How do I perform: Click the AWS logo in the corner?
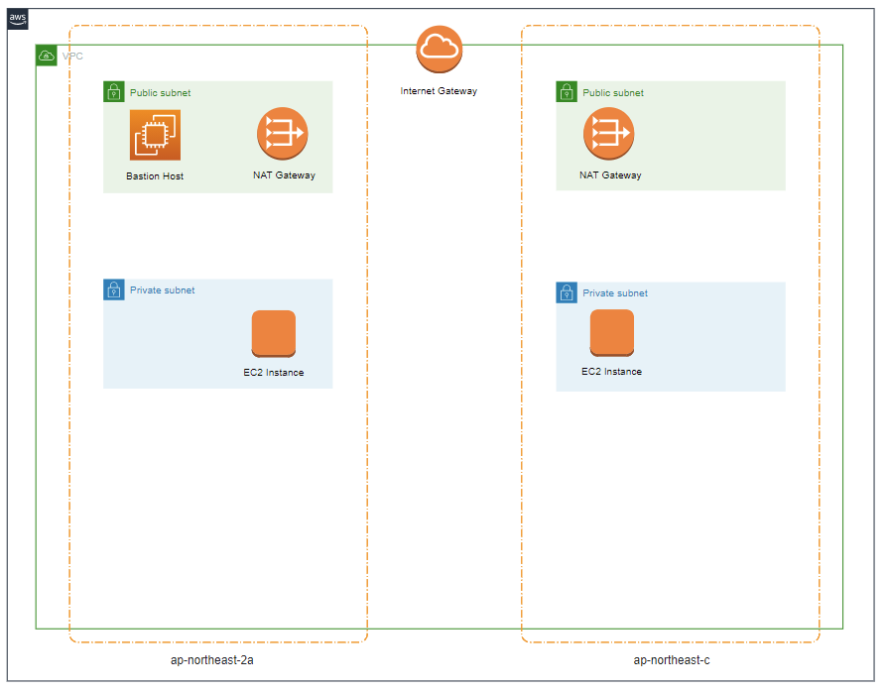(18, 19)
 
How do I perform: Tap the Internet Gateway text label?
(439, 91)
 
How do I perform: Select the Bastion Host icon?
(155, 135)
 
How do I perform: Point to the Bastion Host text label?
(155, 176)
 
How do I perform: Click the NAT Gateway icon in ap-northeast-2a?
(283, 133)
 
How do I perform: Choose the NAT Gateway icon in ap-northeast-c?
(608, 133)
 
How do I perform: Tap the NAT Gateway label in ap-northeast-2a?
(284, 175)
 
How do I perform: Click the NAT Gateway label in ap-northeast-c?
(610, 175)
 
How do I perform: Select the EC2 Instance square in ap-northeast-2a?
(274, 333)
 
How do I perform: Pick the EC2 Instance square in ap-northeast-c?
(612, 333)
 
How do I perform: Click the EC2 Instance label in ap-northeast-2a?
(274, 373)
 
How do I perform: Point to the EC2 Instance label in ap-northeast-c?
(611, 372)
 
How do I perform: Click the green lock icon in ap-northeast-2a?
(114, 92)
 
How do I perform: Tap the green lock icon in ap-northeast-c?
(567, 92)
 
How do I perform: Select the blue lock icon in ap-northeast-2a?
(114, 290)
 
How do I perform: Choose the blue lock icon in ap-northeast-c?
(567, 292)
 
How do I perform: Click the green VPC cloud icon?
(47, 56)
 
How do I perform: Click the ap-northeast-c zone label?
(672, 660)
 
